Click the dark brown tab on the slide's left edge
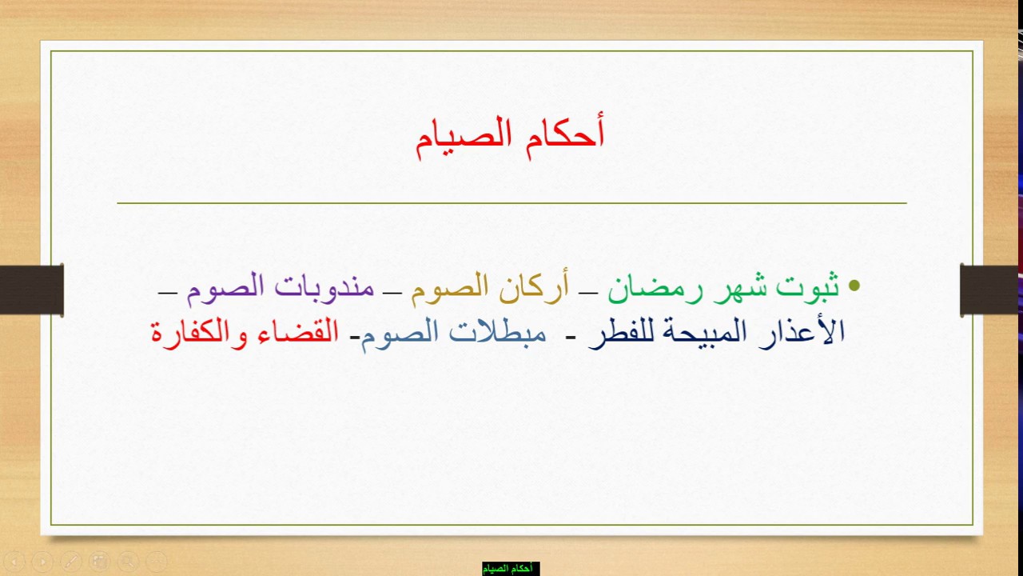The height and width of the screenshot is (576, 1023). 31,290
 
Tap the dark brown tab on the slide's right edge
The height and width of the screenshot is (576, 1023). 989,290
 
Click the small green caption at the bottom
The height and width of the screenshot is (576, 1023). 510,568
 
